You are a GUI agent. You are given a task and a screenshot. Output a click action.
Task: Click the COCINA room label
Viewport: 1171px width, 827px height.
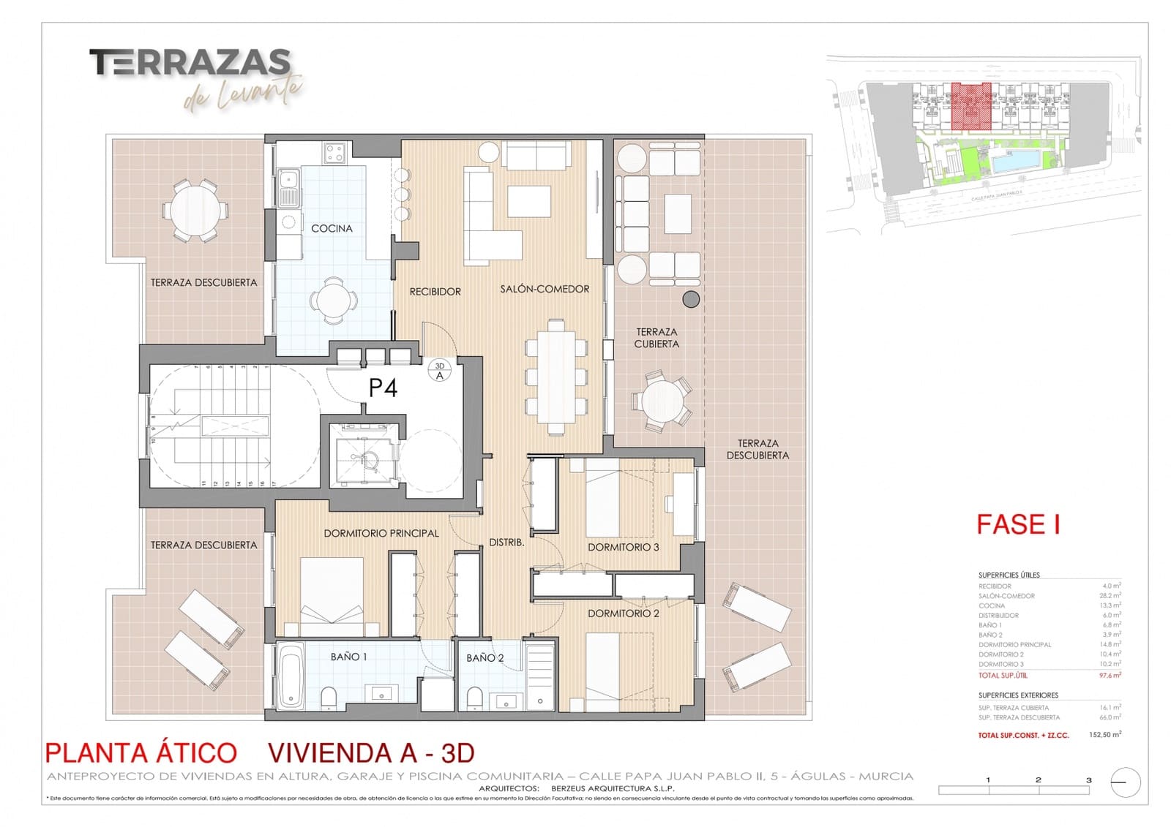pos(332,228)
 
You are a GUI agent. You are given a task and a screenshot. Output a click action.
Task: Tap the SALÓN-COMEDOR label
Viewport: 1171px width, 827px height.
pos(545,289)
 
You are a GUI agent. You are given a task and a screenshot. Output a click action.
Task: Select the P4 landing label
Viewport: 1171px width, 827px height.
pos(383,388)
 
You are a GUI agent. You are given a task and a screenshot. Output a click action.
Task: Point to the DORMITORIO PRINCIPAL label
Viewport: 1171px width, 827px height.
pos(381,533)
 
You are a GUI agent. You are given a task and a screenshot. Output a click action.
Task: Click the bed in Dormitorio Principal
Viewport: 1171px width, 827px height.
pos(332,596)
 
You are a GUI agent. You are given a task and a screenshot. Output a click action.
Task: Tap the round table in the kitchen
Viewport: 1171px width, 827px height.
pos(334,299)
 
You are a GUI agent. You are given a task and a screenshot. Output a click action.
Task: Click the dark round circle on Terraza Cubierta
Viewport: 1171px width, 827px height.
pos(690,298)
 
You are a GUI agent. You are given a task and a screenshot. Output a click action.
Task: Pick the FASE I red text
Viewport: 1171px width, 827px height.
pos(1018,524)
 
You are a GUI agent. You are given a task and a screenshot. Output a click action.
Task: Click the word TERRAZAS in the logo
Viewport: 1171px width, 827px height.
pos(190,63)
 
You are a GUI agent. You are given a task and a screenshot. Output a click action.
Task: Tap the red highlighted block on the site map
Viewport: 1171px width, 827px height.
pos(971,107)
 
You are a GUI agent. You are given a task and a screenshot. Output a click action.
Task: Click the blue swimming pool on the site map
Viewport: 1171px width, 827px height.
pos(1016,160)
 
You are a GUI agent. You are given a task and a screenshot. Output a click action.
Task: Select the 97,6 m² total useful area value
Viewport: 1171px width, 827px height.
pos(1110,675)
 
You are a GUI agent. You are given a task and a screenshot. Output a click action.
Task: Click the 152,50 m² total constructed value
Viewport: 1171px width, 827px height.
pos(1105,734)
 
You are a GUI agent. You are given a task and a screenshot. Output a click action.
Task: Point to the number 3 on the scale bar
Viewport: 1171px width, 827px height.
pos(1088,779)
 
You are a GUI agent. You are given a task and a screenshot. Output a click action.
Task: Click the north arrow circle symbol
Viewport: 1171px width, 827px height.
pos(1125,782)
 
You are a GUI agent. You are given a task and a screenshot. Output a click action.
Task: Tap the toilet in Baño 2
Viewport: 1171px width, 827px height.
pos(474,698)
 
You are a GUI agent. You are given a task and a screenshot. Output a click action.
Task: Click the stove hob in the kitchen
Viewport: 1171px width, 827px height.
pos(335,153)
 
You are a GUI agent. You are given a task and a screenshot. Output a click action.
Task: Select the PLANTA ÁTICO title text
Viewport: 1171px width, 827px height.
pos(141,752)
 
